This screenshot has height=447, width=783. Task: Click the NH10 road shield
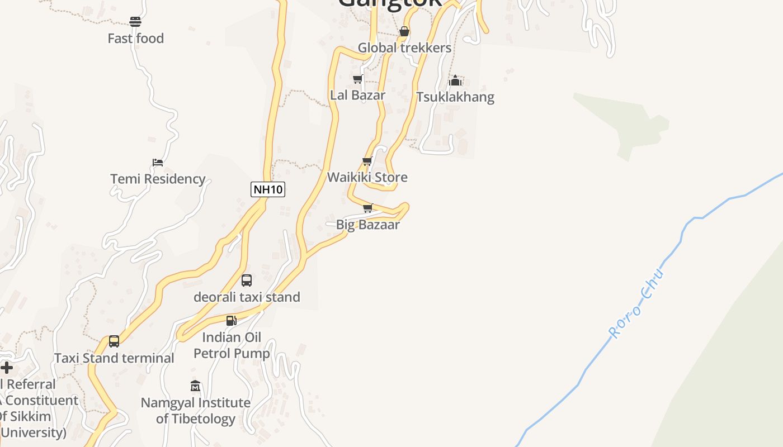[x=268, y=189]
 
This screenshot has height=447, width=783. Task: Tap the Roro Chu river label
[x=636, y=303]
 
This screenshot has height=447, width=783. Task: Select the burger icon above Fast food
[x=135, y=22]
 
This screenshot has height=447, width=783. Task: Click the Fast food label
[x=136, y=39]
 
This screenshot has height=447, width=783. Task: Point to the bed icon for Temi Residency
[x=158, y=163]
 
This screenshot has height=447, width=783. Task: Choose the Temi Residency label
[x=158, y=179]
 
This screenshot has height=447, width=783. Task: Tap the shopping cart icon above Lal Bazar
[x=357, y=79]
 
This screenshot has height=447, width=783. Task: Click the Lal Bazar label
[x=357, y=95]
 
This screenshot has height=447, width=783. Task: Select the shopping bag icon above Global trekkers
[x=404, y=31]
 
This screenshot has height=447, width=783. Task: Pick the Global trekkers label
[x=404, y=47]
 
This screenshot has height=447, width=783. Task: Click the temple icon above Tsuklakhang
[x=455, y=80]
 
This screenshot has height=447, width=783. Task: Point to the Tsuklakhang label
[x=455, y=97]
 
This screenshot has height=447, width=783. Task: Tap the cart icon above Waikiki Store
[x=367, y=161]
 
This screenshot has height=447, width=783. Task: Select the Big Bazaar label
[x=367, y=225]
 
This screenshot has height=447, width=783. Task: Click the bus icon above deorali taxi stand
[x=247, y=280]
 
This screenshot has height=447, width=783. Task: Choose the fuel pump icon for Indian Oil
[x=231, y=321]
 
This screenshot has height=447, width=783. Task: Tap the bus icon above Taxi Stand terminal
[x=114, y=341]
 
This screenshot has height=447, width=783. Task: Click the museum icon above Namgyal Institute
[x=195, y=386]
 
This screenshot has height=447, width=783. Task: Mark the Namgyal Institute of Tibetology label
[x=195, y=411]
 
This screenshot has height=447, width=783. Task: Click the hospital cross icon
[x=7, y=368]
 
